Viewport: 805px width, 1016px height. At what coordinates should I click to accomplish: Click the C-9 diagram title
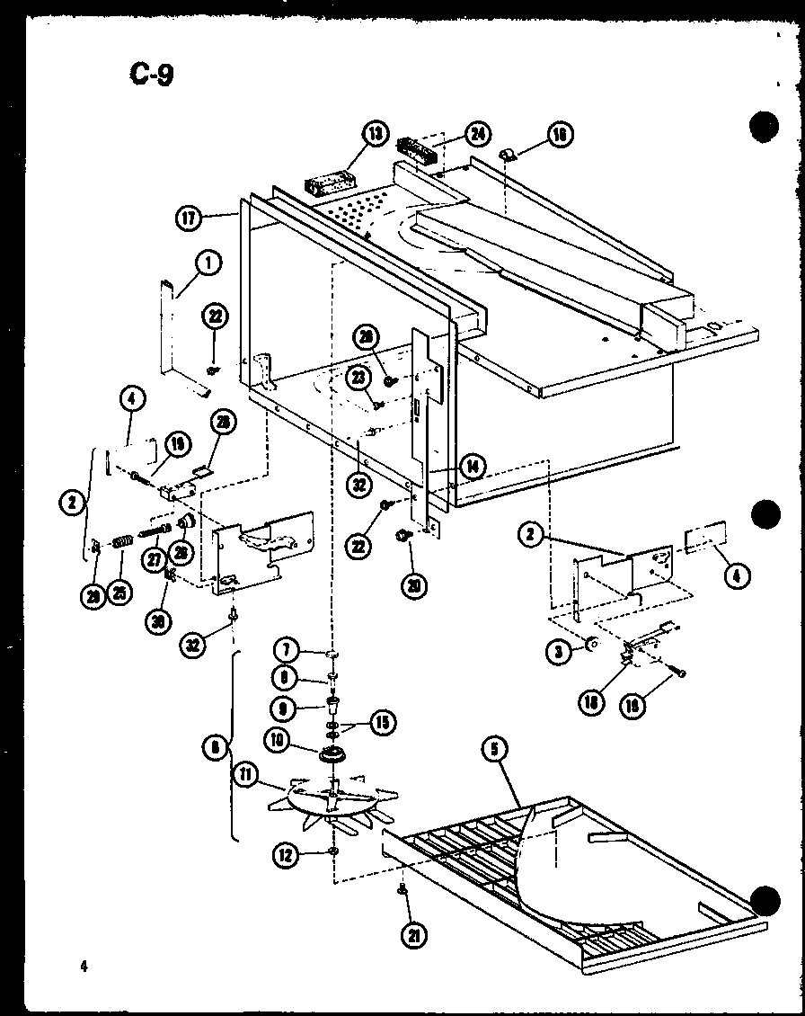[150, 74]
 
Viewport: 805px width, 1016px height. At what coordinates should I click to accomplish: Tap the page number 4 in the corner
[82, 967]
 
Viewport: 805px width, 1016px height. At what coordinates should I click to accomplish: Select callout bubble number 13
[374, 134]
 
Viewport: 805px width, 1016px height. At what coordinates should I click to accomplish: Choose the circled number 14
[471, 466]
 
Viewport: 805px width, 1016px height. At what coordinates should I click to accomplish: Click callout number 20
[414, 586]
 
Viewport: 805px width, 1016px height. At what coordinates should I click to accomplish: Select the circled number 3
[561, 651]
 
